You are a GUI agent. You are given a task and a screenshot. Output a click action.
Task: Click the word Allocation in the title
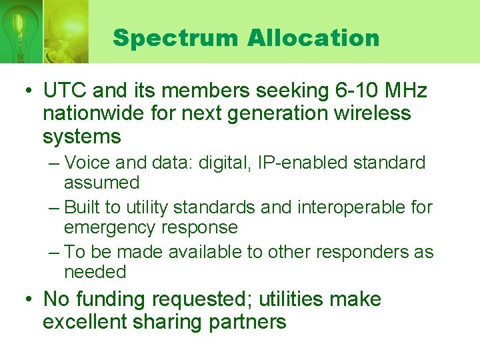(x=313, y=38)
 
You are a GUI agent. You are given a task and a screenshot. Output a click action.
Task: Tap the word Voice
(x=89, y=162)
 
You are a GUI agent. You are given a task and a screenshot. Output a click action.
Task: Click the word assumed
(x=101, y=183)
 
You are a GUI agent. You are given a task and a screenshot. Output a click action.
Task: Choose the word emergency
(x=110, y=228)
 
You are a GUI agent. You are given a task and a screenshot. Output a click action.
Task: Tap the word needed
(x=95, y=272)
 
